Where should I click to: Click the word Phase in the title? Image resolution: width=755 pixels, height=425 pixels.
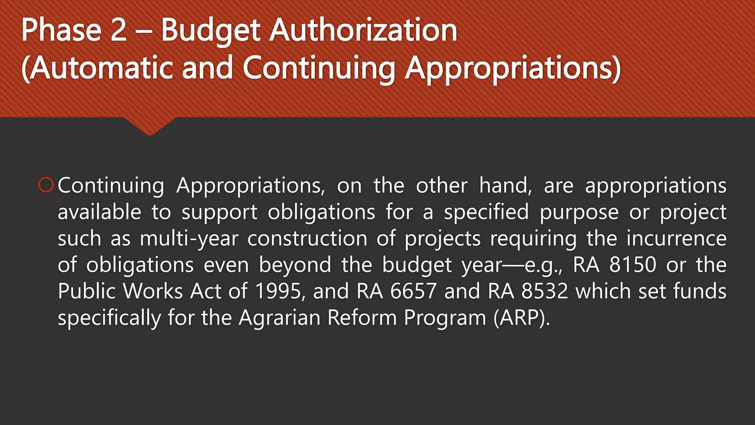click(61, 30)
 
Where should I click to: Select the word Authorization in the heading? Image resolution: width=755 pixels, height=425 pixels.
click(363, 30)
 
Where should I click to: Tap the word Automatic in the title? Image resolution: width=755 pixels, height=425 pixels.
click(101, 68)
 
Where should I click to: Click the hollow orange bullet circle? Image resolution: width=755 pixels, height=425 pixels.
click(46, 185)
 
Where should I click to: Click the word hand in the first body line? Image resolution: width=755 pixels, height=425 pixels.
click(505, 185)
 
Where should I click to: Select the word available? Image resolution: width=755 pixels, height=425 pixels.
click(100, 212)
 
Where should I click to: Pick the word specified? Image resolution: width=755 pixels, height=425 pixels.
click(486, 212)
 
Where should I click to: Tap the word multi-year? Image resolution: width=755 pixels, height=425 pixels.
click(189, 239)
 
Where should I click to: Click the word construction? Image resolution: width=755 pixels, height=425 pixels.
click(307, 239)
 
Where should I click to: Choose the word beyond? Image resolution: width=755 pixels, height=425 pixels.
click(295, 265)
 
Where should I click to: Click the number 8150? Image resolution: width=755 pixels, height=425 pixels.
click(633, 265)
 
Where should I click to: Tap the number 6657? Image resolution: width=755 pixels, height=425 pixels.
click(413, 291)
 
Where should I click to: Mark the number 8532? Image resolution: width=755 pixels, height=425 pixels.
click(544, 291)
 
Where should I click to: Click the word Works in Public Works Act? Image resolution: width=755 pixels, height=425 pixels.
click(153, 291)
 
